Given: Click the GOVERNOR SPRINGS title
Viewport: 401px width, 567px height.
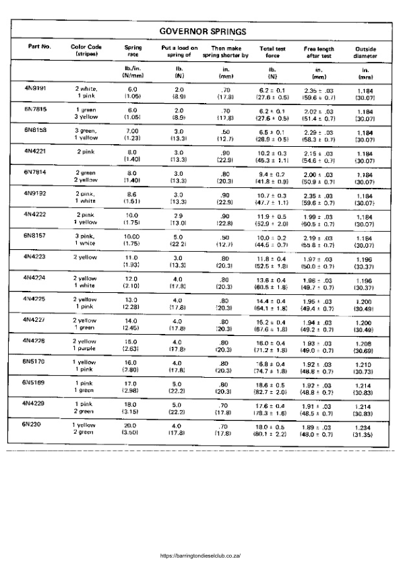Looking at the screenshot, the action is click(202, 31).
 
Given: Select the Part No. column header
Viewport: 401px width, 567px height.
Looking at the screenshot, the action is click(40, 47).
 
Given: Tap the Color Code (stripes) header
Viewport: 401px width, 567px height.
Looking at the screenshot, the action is click(86, 51).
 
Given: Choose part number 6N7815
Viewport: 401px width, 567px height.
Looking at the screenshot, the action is click(35, 109).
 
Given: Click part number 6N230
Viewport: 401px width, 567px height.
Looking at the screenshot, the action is click(32, 425).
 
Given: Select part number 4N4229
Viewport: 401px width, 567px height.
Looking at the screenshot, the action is click(35, 404).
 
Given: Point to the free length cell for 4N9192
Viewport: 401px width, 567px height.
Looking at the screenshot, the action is click(319, 197).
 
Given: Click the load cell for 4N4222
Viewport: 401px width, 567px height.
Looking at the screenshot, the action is click(179, 218).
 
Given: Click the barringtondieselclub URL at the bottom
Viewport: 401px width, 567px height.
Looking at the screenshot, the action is click(201, 556).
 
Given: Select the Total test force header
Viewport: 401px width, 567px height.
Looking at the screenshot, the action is click(273, 52).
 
